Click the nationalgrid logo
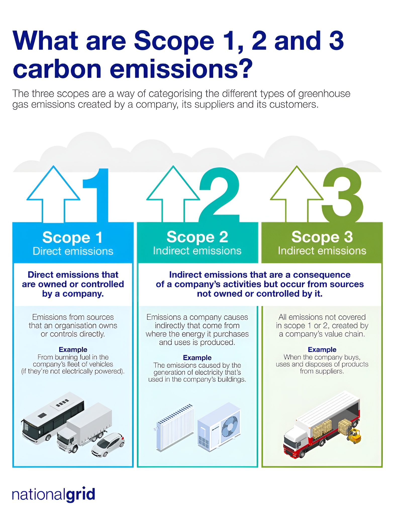click(x=54, y=494)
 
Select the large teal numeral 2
click(x=219, y=195)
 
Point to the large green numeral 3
click(x=343, y=195)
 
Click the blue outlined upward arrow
click(x=54, y=194)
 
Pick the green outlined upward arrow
click(x=297, y=194)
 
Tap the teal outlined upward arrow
click(x=173, y=194)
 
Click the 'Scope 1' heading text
click(x=72, y=237)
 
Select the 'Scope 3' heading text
click(x=322, y=237)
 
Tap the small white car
click(x=108, y=444)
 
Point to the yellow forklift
click(x=354, y=436)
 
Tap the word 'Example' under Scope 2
click(x=197, y=358)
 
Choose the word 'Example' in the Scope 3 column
click(x=322, y=350)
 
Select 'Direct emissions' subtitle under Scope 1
click(x=73, y=251)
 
